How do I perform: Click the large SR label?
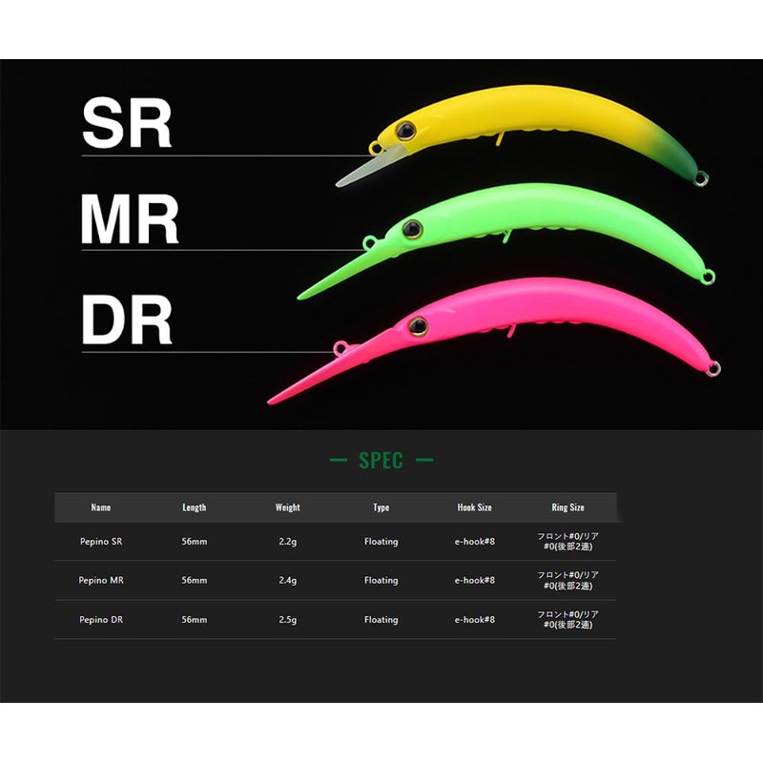tap(127, 122)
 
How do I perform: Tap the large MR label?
tap(130, 219)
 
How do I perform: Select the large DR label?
tap(127, 320)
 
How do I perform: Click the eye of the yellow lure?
tap(405, 131)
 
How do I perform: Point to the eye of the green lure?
tap(412, 229)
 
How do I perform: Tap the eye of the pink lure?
tap(418, 326)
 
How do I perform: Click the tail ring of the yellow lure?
tap(702, 178)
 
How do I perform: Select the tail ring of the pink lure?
tap(713, 369)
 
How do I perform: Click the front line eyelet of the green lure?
tap(369, 242)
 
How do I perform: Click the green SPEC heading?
tap(381, 461)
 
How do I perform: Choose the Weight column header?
tap(288, 507)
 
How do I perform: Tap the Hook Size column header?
tap(474, 507)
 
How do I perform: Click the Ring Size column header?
tap(567, 507)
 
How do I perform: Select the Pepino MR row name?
tap(101, 580)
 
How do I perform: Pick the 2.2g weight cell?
tap(288, 542)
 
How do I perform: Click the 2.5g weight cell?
tap(288, 620)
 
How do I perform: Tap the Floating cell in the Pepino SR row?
tap(381, 542)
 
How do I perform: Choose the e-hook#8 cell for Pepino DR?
tap(474, 619)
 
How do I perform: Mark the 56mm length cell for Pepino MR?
tap(195, 580)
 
